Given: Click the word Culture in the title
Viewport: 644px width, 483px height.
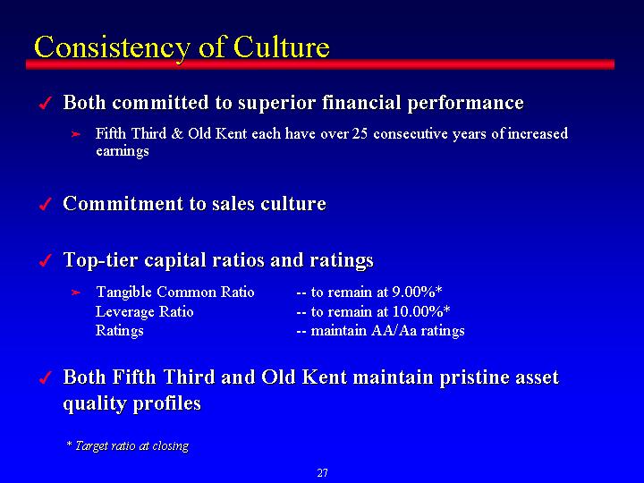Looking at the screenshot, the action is pyautogui.click(x=282, y=47).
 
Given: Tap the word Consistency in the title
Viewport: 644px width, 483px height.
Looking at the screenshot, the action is pyautogui.click(x=112, y=49).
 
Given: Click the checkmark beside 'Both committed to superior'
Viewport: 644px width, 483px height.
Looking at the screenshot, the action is pyautogui.click(x=46, y=103).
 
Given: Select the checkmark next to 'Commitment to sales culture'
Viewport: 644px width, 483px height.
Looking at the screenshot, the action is pyautogui.click(x=46, y=204).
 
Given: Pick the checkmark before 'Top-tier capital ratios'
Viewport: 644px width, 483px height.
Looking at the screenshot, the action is pyautogui.click(x=46, y=260).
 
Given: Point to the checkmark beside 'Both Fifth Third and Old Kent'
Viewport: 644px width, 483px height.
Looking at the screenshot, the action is pyautogui.click(x=46, y=377).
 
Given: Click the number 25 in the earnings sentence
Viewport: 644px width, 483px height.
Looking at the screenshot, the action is pyautogui.click(x=360, y=134).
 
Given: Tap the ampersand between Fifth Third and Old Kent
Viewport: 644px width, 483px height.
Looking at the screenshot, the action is pyautogui.click(x=177, y=134).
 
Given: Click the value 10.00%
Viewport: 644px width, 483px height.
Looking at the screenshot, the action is pyautogui.click(x=418, y=311).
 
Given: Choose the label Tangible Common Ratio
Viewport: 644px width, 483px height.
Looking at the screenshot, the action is pyautogui.click(x=175, y=292).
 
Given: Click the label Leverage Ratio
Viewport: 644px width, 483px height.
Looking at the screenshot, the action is pyautogui.click(x=144, y=312).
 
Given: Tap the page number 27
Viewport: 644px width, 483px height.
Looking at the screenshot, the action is pyautogui.click(x=322, y=473).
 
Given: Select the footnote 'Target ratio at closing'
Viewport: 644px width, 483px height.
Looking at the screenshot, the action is pyautogui.click(x=131, y=446).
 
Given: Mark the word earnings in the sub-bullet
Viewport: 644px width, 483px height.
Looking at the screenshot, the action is pyautogui.click(x=122, y=151).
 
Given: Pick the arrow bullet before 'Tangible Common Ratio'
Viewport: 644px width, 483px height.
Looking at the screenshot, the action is pyautogui.click(x=75, y=292).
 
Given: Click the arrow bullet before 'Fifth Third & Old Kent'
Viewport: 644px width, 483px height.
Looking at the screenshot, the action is pyautogui.click(x=75, y=134).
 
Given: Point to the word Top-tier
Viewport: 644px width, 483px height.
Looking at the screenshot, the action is pyautogui.click(x=100, y=260).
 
